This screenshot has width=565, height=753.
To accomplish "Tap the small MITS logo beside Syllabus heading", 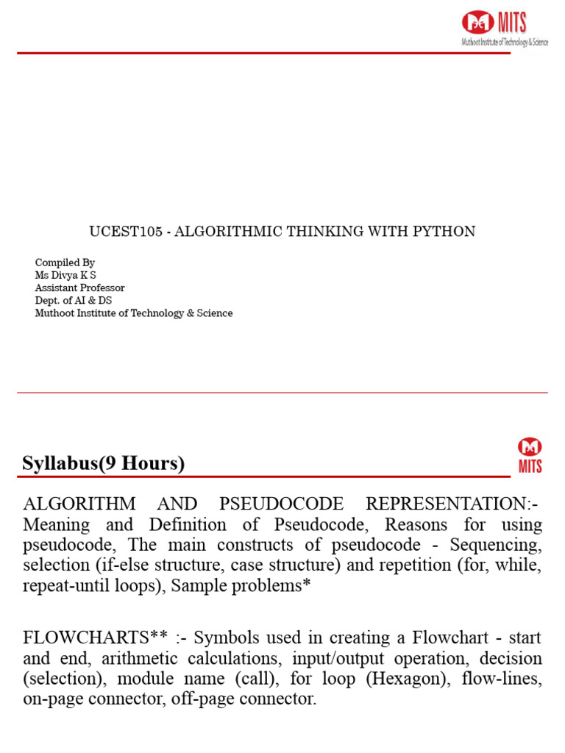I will click(530, 455).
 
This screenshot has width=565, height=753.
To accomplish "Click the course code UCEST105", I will click(126, 232).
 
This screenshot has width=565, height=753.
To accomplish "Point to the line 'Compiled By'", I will click(65, 263).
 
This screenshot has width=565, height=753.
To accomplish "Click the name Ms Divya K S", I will click(65, 275).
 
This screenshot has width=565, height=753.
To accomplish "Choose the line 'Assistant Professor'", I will click(79, 288).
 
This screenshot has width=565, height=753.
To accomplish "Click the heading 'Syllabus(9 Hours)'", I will click(103, 463).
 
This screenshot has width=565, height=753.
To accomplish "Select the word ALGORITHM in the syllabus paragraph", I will click(79, 504).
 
